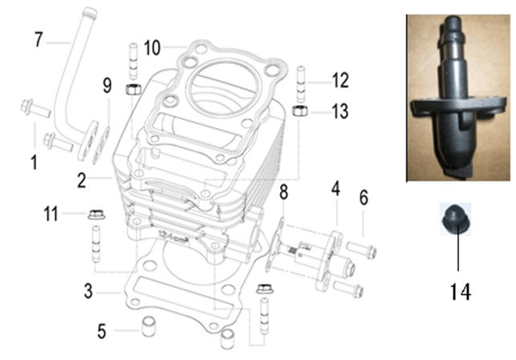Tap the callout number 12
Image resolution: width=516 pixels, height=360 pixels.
[x=340, y=80]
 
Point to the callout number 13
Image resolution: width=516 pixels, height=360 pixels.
[x=340, y=111]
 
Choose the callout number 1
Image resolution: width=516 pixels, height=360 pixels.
[x=35, y=164]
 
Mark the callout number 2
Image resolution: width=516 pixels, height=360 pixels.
[x=82, y=181]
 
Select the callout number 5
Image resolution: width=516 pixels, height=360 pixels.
[x=102, y=330]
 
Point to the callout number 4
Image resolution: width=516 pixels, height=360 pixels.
[x=336, y=190]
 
